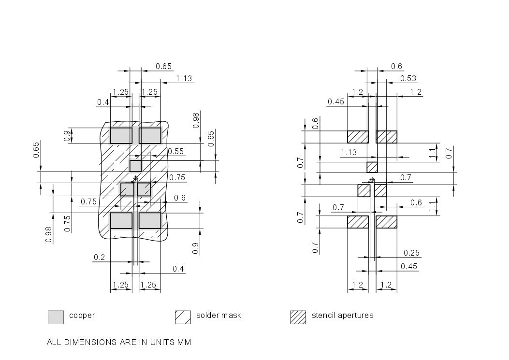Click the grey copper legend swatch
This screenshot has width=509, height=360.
[56, 317]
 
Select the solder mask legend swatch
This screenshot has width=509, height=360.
[183, 317]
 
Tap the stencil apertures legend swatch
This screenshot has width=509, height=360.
[298, 317]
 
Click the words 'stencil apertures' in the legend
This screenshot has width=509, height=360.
[342, 315]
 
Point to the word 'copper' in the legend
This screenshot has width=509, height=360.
[82, 316]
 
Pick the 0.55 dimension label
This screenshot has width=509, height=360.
[175, 151]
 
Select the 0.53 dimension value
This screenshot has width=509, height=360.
[408, 78]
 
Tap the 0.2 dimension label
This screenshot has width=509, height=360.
[99, 257]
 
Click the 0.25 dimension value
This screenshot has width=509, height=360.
[411, 253]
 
